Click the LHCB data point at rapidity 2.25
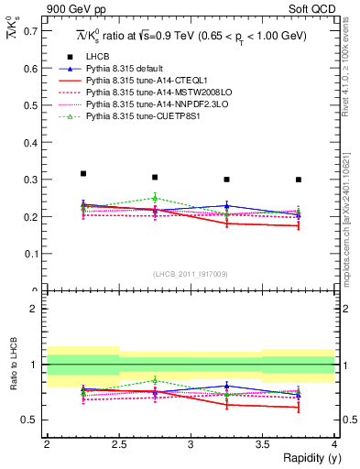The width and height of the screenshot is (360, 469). [82, 173]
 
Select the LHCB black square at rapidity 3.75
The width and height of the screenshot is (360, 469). [299, 180]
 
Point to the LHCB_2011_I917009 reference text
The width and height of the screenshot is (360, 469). [191, 274]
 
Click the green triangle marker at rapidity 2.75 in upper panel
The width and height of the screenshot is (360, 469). [155, 198]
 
